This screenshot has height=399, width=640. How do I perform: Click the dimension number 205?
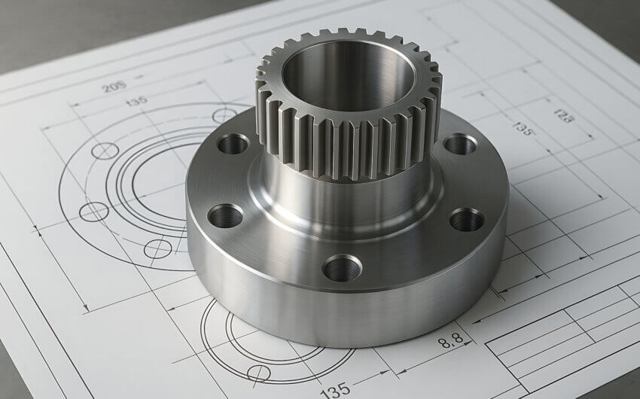click(x=114, y=87)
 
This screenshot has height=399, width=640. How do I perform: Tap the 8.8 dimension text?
click(x=451, y=340)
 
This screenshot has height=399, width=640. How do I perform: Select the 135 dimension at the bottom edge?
click(x=334, y=390)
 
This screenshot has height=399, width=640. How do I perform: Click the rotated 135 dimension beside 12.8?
click(x=523, y=127)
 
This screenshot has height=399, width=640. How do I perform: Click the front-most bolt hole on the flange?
click(x=342, y=267)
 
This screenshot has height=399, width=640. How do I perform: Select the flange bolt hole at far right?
click(x=466, y=220)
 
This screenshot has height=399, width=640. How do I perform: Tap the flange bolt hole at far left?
click(x=225, y=216)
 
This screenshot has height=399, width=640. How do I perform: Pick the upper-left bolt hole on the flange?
click(x=233, y=143)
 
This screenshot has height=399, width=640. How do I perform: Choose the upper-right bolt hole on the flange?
click(x=459, y=143)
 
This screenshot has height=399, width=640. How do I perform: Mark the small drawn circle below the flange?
click(x=258, y=372)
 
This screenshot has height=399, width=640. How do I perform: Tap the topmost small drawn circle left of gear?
click(x=224, y=115)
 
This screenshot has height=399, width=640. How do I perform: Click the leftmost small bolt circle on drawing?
click(x=93, y=212)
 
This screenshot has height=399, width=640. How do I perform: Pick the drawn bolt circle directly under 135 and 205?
click(x=105, y=151)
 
